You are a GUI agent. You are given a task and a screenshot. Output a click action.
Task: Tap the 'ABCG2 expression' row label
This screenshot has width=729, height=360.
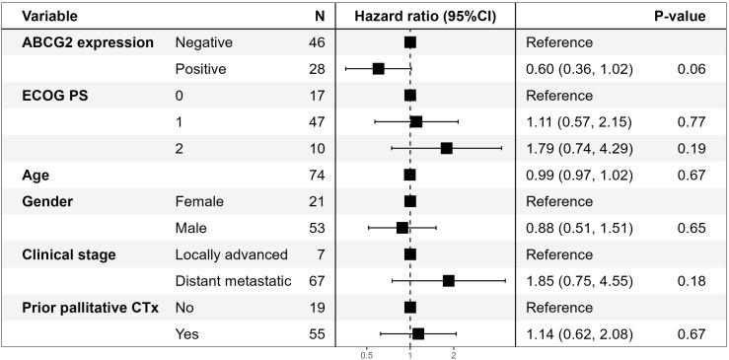[x=88, y=42]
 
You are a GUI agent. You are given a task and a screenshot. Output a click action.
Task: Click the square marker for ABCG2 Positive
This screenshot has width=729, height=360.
[x=378, y=69]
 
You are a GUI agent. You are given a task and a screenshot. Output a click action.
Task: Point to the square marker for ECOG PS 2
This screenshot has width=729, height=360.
[x=446, y=148]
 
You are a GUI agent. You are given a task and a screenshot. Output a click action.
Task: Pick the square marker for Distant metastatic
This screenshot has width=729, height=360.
[x=448, y=281]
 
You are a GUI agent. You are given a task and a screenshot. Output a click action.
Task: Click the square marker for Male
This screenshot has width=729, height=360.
[x=401, y=228]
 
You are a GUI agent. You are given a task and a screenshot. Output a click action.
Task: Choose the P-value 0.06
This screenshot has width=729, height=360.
[x=692, y=69]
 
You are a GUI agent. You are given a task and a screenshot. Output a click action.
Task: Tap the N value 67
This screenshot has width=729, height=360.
[x=316, y=281]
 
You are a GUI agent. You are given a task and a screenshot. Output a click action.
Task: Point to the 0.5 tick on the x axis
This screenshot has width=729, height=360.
[x=367, y=351]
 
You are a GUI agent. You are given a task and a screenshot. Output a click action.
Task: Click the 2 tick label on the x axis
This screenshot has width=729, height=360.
[x=453, y=351]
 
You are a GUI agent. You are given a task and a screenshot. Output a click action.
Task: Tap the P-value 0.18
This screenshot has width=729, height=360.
[x=692, y=281]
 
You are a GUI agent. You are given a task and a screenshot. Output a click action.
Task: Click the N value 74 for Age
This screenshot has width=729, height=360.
[x=316, y=175]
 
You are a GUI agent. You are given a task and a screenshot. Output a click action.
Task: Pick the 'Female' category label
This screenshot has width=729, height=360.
[x=199, y=201]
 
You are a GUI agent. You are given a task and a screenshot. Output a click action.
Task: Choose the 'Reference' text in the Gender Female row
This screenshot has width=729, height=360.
[x=558, y=201]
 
